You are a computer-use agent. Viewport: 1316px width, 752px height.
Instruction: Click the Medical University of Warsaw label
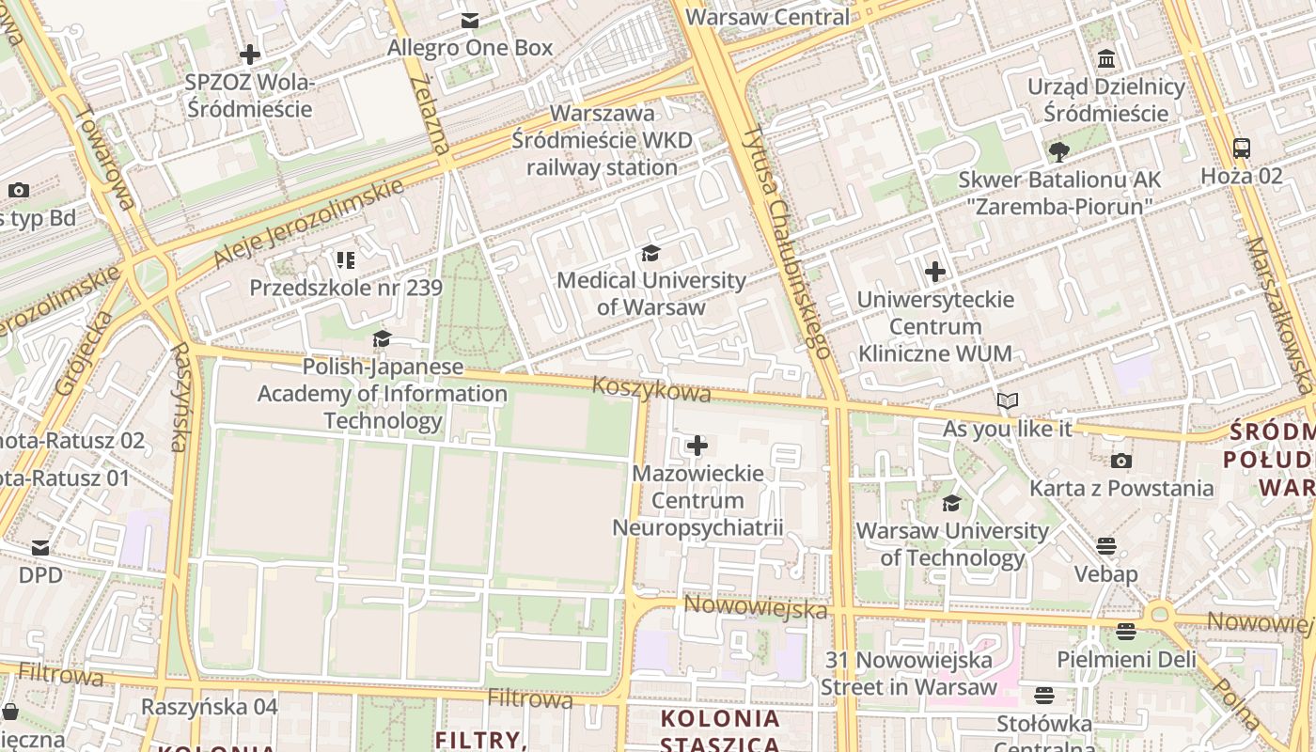pyautogui.click(x=650, y=293)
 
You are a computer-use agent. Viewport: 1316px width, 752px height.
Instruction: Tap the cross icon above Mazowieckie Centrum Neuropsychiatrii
pyautogui.click(x=697, y=446)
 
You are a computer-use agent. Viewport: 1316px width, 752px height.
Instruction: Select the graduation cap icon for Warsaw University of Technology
pyautogui.click(x=952, y=504)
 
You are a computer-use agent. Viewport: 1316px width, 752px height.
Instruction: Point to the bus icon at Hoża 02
pyautogui.click(x=1242, y=148)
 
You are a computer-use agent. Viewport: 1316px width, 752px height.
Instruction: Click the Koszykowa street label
pyautogui.click(x=651, y=388)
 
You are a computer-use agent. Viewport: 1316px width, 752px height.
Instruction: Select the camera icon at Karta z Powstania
pyautogui.click(x=1120, y=461)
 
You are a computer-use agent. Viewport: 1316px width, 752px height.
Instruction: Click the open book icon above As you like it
pyautogui.click(x=1008, y=401)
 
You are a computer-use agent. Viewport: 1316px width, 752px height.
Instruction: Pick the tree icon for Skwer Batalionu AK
pyautogui.click(x=1059, y=151)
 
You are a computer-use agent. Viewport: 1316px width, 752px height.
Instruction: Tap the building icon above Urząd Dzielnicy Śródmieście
pyautogui.click(x=1106, y=59)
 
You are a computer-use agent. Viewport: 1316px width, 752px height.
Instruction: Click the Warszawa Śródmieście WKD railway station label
pyautogui.click(x=602, y=140)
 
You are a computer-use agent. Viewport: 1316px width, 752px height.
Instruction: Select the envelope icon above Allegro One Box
pyautogui.click(x=470, y=21)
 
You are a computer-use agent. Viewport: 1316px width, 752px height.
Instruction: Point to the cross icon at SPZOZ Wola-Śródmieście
pyautogui.click(x=250, y=55)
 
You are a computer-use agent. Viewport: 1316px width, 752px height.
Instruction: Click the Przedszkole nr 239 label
pyautogui.click(x=345, y=288)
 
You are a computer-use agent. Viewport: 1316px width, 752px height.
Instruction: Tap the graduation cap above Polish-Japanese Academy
pyautogui.click(x=382, y=339)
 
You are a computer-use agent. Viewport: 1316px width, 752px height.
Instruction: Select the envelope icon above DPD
pyautogui.click(x=40, y=547)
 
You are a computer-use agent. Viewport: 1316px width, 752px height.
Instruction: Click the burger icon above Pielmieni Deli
pyautogui.click(x=1126, y=632)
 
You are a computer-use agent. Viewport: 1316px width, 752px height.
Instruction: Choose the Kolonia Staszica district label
pyautogui.click(x=720, y=731)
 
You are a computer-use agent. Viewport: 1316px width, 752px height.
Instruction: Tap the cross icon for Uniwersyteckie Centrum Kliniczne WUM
pyautogui.click(x=935, y=273)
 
